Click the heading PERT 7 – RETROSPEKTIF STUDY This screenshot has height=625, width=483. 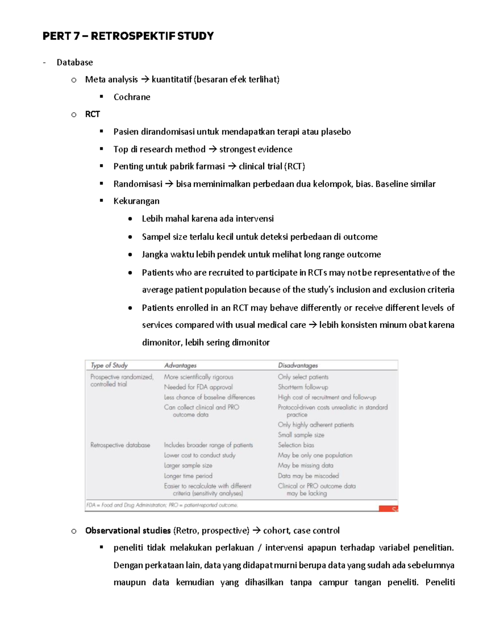[128, 36]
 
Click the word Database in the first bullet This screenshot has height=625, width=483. [74, 62]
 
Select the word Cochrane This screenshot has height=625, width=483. [132, 97]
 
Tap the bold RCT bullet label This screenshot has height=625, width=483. [92, 114]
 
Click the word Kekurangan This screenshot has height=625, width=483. [136, 201]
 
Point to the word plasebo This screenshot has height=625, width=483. [336, 132]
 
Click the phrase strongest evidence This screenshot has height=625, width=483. [256, 149]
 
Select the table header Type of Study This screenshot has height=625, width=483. [109, 365]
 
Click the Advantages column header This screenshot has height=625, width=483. [180, 365]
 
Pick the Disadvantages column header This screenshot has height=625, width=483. [298, 365]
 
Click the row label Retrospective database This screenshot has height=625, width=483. [120, 445]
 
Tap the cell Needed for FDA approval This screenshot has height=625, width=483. [198, 387]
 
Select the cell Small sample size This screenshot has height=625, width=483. [301, 435]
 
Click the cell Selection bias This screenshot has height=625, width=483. [296, 445]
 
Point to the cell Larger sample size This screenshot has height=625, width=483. [188, 466]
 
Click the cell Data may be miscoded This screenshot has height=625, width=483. [308, 476]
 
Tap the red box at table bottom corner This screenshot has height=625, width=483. [388, 509]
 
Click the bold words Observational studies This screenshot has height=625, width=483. [128, 531]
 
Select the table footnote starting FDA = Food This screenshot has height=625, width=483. [162, 505]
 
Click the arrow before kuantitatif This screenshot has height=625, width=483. [145, 80]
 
